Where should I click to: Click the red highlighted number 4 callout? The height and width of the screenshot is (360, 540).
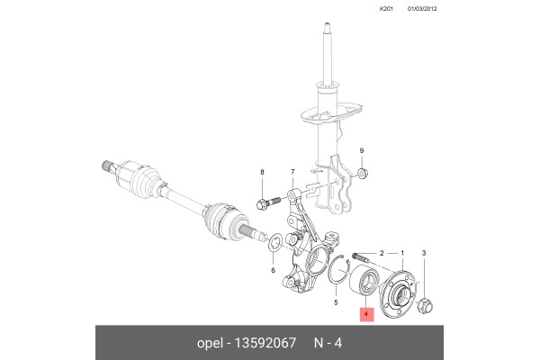pyautogui.click(x=367, y=314)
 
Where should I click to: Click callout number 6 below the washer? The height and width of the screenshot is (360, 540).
pyautogui.click(x=273, y=269)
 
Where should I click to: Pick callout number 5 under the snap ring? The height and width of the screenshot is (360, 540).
pyautogui.click(x=337, y=303)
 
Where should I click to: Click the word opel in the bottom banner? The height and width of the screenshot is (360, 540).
pyautogui.click(x=210, y=343)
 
